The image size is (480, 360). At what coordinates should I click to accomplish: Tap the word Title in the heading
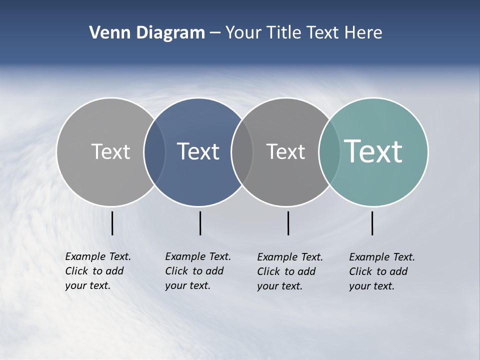point(283,33)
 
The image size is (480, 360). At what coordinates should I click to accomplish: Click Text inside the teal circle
point(373,151)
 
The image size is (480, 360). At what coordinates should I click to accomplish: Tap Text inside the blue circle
point(198,151)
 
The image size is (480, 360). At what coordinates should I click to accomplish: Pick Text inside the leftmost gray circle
point(110,151)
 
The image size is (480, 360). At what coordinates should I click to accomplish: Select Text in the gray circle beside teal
point(285,151)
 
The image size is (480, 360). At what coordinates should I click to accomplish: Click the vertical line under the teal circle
point(372,223)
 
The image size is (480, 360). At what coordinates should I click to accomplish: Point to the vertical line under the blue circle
point(200,223)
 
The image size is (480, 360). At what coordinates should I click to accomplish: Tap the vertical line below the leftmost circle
point(112,223)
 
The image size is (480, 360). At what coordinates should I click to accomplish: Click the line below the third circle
point(288,223)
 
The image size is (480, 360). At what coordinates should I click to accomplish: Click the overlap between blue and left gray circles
point(154,151)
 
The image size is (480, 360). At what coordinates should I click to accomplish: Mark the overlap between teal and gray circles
point(329,151)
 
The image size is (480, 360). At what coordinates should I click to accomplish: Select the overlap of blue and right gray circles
point(242,151)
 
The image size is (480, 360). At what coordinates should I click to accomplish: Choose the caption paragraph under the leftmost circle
point(98,271)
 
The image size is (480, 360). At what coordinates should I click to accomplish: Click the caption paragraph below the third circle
point(290,271)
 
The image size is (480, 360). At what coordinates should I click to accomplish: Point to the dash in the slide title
point(215,33)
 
